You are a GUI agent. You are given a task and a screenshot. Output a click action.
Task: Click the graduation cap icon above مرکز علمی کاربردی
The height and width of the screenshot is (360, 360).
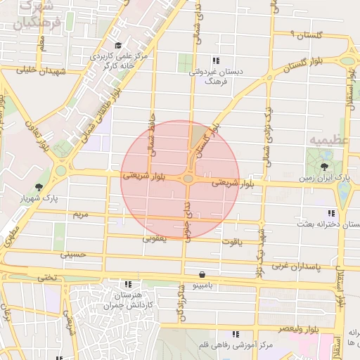tap(117, 45)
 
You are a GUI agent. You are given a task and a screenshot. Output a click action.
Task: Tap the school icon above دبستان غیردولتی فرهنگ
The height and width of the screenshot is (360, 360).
tap(215, 60)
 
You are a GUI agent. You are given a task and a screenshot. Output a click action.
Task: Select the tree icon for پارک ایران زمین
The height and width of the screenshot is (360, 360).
tap(324, 167)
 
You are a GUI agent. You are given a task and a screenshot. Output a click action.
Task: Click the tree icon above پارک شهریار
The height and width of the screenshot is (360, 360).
tap(38, 187)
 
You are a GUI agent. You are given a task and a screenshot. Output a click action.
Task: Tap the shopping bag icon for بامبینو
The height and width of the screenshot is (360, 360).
tap(202, 274)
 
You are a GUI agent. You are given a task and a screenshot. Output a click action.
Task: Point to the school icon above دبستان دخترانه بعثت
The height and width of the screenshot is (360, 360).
tap(330, 213)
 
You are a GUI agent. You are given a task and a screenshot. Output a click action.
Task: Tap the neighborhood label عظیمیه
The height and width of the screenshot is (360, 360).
tap(328, 141)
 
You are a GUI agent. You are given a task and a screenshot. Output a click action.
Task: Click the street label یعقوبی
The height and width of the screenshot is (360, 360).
tap(155, 238)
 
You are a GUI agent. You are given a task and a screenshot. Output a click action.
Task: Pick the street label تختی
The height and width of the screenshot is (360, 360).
tap(47, 277)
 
